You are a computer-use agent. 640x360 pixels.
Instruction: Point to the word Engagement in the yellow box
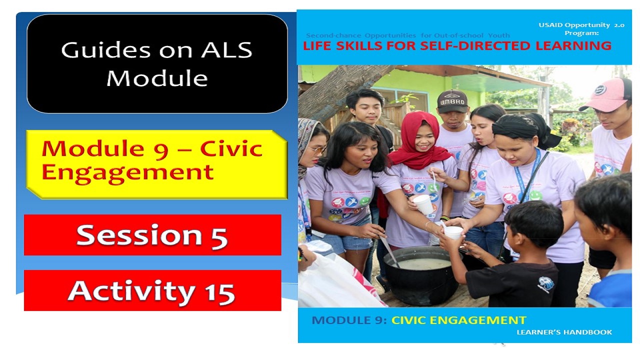pyautogui.click(x=127, y=172)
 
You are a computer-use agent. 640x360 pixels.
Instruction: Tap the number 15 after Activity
pyautogui.click(x=218, y=291)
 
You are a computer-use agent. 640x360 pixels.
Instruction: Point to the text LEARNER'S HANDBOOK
pyautogui.click(x=564, y=332)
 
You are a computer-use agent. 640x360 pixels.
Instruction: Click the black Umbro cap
pyautogui.click(x=452, y=101)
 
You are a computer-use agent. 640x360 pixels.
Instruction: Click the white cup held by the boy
pyautogui.click(x=453, y=232)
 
